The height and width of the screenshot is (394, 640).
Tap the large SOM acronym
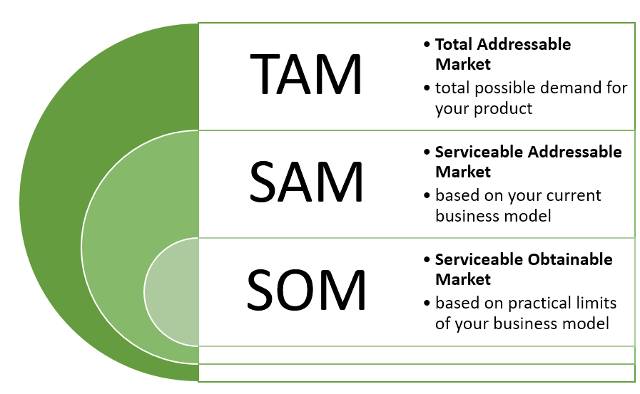click(x=307, y=289)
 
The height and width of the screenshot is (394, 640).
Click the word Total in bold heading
click(x=453, y=44)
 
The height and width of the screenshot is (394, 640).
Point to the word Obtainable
click(x=570, y=259)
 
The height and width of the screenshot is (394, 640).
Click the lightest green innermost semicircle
click(x=172, y=292)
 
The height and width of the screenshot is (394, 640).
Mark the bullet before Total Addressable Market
click(x=427, y=45)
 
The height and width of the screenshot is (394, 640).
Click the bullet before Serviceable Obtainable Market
click(x=427, y=260)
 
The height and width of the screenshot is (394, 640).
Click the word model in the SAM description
click(x=531, y=215)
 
